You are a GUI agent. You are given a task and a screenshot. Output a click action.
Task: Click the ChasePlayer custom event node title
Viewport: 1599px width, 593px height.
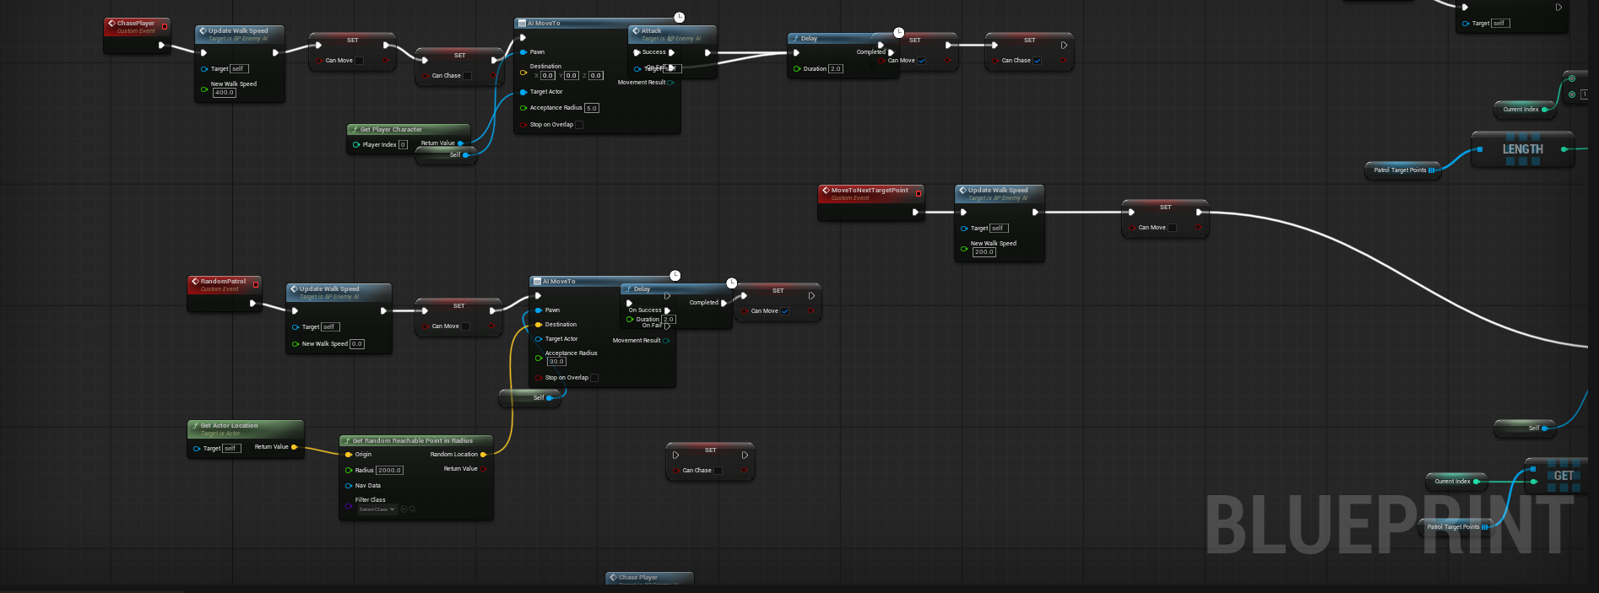click(x=136, y=24)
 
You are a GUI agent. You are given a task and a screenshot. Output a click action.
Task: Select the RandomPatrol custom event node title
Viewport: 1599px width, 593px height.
click(x=223, y=282)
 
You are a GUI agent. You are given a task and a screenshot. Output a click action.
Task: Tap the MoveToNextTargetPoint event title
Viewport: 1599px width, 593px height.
click(x=869, y=191)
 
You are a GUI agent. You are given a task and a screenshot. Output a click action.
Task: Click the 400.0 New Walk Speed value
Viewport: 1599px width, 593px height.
click(x=224, y=93)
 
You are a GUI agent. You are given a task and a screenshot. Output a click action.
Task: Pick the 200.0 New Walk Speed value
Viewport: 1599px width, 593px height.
click(x=984, y=252)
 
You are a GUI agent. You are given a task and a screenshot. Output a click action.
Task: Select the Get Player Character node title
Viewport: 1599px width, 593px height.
click(x=391, y=130)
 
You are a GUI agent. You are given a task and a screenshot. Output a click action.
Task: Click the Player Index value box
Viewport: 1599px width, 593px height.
click(x=403, y=145)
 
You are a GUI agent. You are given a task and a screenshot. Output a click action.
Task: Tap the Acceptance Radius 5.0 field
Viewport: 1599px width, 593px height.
click(x=591, y=108)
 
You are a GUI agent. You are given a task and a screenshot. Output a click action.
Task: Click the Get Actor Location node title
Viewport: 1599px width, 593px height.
click(x=229, y=426)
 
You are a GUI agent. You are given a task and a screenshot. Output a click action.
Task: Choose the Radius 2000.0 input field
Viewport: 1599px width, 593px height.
click(x=390, y=471)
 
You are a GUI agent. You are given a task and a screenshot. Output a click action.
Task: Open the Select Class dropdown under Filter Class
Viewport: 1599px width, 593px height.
click(x=377, y=509)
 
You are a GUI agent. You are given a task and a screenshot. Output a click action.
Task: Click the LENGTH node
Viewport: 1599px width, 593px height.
click(x=1522, y=149)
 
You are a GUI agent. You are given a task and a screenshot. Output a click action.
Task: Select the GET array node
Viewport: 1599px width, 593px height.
click(x=1563, y=476)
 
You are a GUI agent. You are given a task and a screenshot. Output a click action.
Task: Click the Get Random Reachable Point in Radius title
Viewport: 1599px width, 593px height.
click(x=412, y=441)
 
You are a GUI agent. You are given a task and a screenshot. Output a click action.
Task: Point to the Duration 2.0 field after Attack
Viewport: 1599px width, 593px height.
click(x=835, y=69)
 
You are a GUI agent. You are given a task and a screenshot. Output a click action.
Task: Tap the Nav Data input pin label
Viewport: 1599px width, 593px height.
click(x=367, y=486)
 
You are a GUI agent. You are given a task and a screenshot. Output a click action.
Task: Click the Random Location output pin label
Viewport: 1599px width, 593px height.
click(x=453, y=455)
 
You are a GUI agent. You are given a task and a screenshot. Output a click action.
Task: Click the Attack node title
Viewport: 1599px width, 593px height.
click(x=651, y=31)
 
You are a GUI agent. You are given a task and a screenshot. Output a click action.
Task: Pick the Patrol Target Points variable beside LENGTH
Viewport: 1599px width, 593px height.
click(x=1400, y=170)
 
